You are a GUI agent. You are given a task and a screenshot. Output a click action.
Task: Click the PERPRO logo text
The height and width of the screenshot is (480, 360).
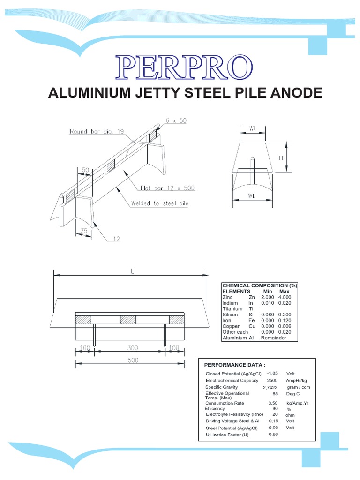tap(185, 67)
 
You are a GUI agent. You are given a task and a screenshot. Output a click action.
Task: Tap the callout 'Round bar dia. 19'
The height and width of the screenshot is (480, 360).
tap(97, 132)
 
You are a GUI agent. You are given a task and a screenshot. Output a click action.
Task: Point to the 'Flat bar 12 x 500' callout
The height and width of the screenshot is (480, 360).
tap(167, 188)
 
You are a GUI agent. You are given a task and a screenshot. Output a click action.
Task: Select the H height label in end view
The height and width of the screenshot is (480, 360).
tap(281, 158)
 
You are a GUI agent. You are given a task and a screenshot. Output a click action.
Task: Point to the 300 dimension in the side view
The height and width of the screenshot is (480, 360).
tap(130, 348)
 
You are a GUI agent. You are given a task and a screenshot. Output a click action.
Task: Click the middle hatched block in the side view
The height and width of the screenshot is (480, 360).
tap(128, 320)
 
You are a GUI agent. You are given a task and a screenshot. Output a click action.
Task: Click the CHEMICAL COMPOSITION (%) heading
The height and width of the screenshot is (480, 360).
tap(260, 286)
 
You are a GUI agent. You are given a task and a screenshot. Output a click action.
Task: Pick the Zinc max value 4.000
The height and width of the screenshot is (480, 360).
tap(285, 297)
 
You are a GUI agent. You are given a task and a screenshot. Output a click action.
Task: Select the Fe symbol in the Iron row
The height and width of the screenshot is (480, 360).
tap(251, 320)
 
